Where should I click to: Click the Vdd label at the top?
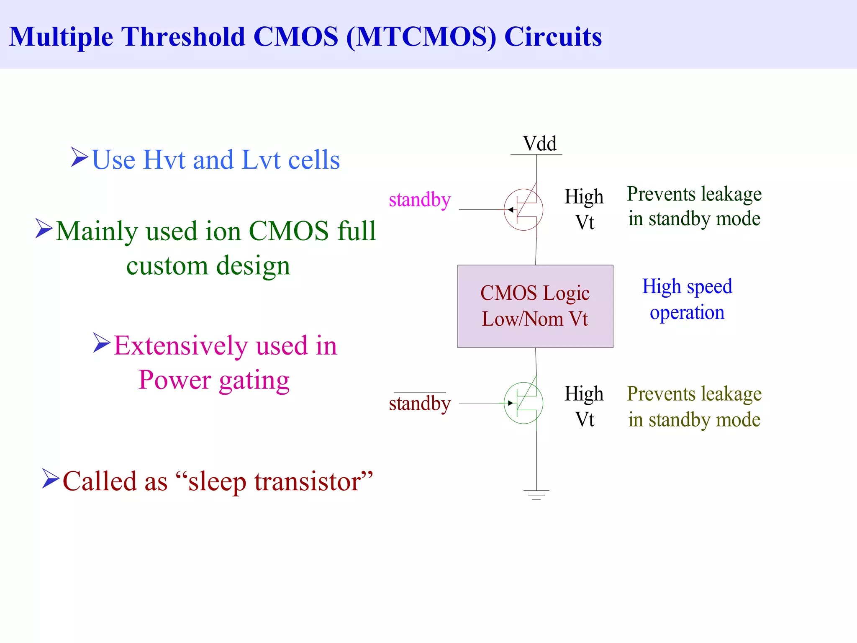tap(539, 144)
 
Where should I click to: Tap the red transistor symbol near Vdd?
tap(523, 210)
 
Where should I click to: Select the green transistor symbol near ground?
tap(523, 403)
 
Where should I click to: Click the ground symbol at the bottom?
tap(536, 495)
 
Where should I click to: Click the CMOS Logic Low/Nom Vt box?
tap(535, 306)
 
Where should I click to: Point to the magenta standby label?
tap(419, 200)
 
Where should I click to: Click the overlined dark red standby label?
tap(419, 404)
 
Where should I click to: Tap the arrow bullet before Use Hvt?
tap(79, 157)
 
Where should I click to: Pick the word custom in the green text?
tap(167, 266)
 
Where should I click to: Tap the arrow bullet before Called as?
tap(51, 478)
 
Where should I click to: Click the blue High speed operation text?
tap(687, 299)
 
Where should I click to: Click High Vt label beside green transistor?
tap(584, 406)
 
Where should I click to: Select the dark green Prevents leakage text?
tap(694, 206)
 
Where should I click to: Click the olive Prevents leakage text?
tap(694, 406)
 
